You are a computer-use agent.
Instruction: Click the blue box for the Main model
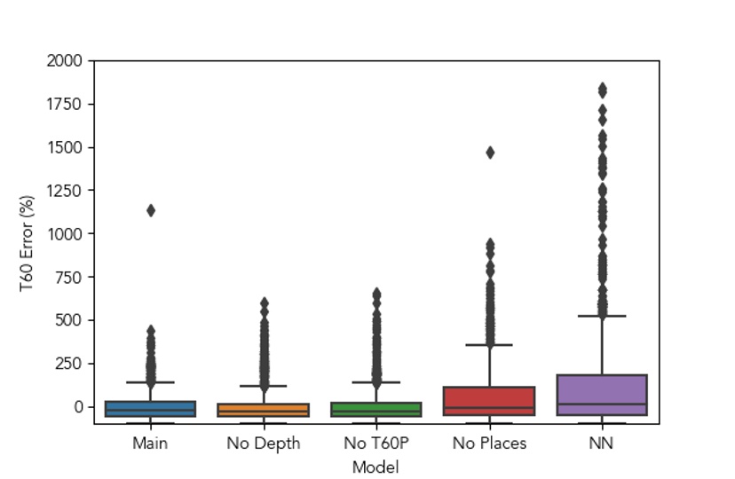pyautogui.click(x=150, y=409)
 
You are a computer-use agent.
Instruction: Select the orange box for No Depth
pyautogui.click(x=264, y=410)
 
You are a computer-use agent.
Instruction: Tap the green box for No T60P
pyautogui.click(x=376, y=409)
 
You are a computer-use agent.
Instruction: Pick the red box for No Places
pyautogui.click(x=489, y=401)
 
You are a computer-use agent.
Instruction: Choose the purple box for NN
pyautogui.click(x=602, y=395)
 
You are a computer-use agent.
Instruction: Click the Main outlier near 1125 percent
pyautogui.click(x=151, y=210)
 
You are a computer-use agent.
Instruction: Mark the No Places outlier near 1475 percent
pyautogui.click(x=489, y=153)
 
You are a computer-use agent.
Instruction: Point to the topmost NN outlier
pyautogui.click(x=602, y=89)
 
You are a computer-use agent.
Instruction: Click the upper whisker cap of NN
pyautogui.click(x=602, y=316)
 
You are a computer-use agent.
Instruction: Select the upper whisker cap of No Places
pyautogui.click(x=489, y=344)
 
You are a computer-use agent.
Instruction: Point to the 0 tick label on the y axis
pyautogui.click(x=78, y=407)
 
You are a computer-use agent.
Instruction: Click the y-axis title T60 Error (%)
pyautogui.click(x=28, y=242)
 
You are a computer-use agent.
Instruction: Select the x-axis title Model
pyautogui.click(x=375, y=467)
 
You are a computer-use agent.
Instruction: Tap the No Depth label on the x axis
pyautogui.click(x=264, y=443)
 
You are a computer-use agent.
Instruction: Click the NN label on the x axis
pyautogui.click(x=602, y=443)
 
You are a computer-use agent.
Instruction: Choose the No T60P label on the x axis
pyautogui.click(x=376, y=443)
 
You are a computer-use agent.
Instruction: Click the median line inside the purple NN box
pyautogui.click(x=602, y=404)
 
